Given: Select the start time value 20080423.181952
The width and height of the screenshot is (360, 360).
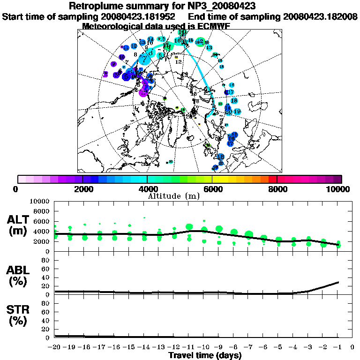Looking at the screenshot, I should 139,16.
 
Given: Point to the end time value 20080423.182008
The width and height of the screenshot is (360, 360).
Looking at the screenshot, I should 321,16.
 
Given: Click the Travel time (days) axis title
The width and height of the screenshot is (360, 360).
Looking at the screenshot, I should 205,356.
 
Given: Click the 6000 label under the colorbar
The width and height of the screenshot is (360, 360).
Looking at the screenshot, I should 212,189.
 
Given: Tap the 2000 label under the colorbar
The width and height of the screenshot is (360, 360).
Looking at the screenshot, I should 82,189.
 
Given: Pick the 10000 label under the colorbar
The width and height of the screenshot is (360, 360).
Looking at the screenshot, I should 337,189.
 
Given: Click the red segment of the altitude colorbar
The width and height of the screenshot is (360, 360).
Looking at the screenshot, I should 273,179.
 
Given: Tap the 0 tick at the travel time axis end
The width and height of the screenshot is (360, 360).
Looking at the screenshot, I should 352,347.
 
